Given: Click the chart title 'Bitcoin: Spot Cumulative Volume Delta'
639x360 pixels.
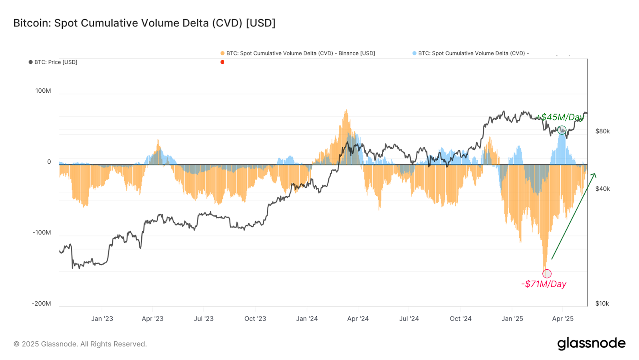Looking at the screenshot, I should pos(144,23).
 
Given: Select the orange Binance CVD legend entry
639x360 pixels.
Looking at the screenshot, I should pos(298,53).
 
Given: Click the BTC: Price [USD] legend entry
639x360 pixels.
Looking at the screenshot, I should pos(53,62).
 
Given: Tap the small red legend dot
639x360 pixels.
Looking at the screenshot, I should pos(222,62).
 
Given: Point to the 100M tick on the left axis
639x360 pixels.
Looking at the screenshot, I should pos(43,91).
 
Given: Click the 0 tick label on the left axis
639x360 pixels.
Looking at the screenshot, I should pos(49,162).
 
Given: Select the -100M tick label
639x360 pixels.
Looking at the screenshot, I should pos(42,233).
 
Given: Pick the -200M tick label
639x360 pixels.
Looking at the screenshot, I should pos(42,303).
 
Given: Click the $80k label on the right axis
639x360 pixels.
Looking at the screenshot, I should pos(602,131).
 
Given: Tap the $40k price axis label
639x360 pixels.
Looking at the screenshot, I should pos(602,189).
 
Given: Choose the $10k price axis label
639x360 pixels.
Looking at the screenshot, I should pos(602,303).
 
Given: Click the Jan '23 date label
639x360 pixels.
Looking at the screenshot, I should pos(102,318).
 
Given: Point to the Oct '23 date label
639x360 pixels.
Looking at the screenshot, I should pos(255,318).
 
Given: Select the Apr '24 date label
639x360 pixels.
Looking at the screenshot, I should pos(358,318).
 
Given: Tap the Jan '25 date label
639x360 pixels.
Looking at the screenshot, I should pos(512,318).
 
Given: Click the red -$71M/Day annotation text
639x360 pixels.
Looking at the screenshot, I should pos(544,284).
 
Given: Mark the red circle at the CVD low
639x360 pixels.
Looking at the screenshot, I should pos(547,274).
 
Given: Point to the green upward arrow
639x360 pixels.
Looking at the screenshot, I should pos(574,216).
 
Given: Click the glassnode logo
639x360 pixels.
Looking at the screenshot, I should pos(591,344).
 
